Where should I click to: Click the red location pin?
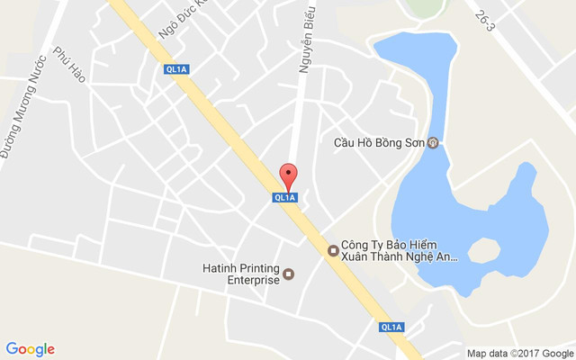coord(288,175)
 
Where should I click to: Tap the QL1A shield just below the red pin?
coord(285,197)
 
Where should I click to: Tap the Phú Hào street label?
coord(69,65)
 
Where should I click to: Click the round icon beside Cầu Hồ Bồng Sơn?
coord(433,143)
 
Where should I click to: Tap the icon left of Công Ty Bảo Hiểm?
coord(333,249)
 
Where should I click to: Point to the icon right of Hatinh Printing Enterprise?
coord(289,274)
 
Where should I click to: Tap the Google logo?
coord(30,349)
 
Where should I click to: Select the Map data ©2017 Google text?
coord(519,353)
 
